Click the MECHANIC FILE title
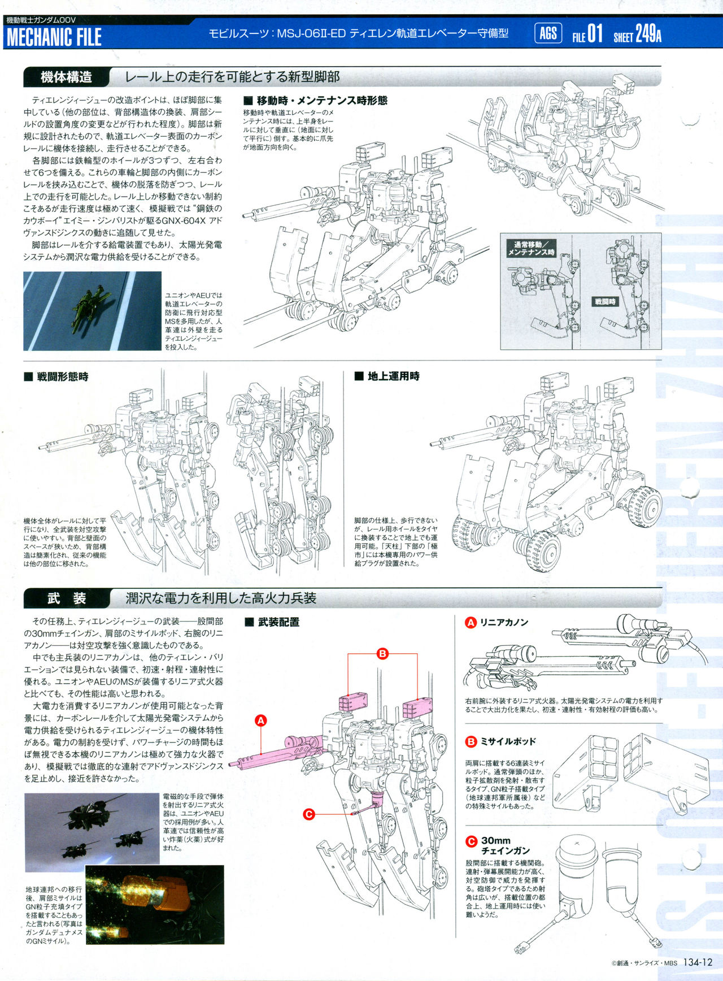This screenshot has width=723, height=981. [x=54, y=37]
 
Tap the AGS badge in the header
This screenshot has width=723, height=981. [x=548, y=33]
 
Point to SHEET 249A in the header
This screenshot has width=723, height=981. [x=638, y=34]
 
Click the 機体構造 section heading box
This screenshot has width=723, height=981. [x=66, y=77]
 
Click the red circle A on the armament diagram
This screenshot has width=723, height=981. [x=260, y=720]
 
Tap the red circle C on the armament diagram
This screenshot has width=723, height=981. [x=308, y=814]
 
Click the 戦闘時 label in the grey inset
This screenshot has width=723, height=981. [x=605, y=302]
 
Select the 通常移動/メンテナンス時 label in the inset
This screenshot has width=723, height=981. [x=531, y=249]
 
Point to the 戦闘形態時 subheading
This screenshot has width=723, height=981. [x=56, y=377]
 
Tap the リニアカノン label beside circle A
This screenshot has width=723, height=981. [x=504, y=622]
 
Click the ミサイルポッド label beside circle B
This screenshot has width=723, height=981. [x=508, y=741]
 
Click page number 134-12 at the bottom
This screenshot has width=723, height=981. [x=698, y=962]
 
